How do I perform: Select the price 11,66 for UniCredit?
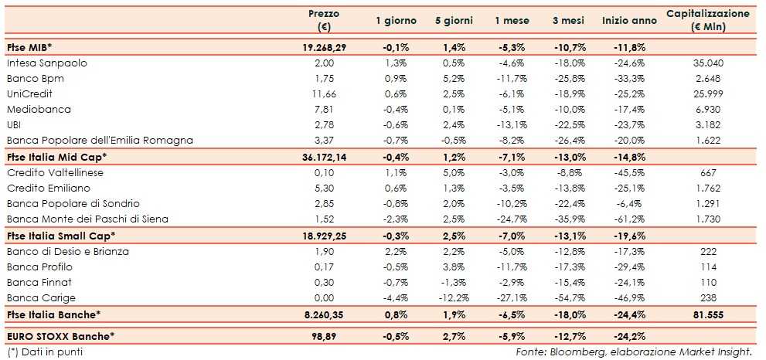(324, 93)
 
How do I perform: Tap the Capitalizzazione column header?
(707, 21)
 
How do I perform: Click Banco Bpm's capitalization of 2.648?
(707, 78)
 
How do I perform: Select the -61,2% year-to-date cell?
(629, 219)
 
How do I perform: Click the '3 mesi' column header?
(568, 21)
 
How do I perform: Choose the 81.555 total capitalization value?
(707, 314)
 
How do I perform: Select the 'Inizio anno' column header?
(629, 21)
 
